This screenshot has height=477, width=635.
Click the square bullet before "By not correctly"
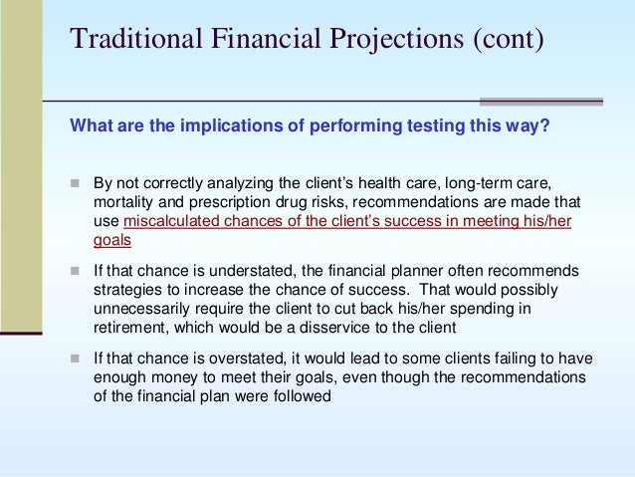pos(75,184)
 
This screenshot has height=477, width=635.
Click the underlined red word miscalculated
pos(169,220)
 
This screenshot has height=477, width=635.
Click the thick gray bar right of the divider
pos(541,101)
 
